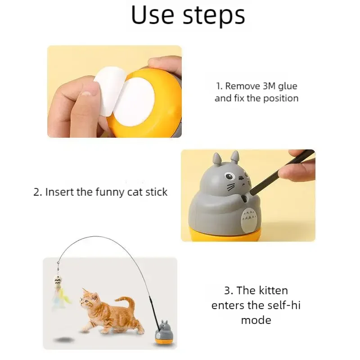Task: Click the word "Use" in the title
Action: coord(153,15)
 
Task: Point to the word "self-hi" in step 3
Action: coord(283,306)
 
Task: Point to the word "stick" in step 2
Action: coord(155,192)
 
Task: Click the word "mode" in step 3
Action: coord(256,320)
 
